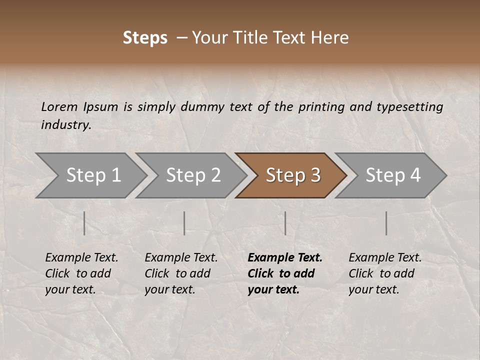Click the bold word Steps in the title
(145, 38)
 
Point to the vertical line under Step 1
(84, 223)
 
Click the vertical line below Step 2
(184, 223)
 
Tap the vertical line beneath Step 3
(285, 223)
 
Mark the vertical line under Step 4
(386, 223)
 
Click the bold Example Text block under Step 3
(285, 273)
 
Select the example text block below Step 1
(81, 273)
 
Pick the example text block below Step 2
(181, 273)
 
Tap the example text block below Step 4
(385, 273)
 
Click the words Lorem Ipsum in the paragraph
(79, 107)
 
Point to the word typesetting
(409, 107)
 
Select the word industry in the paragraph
(66, 125)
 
